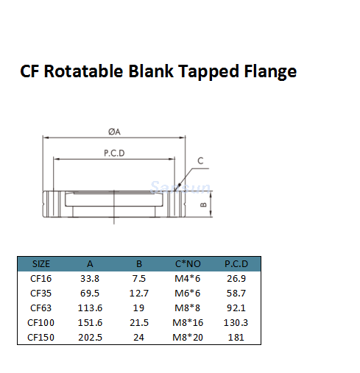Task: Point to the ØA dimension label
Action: [x=113, y=132]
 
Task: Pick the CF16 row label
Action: [x=41, y=278]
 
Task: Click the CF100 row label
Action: [x=41, y=322]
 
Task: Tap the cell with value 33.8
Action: [x=89, y=278]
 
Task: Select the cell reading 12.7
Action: [x=139, y=293]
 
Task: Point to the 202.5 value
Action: [x=89, y=337]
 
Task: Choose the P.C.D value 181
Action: [x=237, y=337]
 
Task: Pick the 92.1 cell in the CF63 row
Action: [x=237, y=308]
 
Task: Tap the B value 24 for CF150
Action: [x=139, y=337]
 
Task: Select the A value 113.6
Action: [x=89, y=308]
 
